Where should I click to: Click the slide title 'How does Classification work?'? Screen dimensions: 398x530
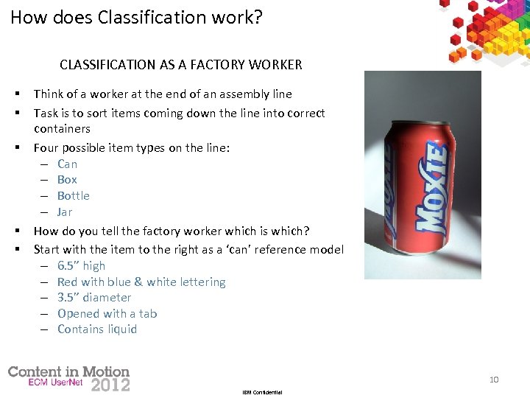coord(136,17)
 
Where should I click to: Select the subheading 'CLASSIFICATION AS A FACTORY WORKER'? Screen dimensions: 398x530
coord(181,65)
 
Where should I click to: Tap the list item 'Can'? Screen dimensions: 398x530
coord(67,164)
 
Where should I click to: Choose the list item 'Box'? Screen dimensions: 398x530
coord(67,179)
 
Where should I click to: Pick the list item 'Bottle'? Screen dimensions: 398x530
coord(74,195)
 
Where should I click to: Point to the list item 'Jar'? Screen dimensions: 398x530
coord(65,212)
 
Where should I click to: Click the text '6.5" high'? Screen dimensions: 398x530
coord(81,265)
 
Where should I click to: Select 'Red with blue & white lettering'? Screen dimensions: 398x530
coord(141,282)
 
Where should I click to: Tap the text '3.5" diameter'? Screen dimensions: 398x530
coord(94,297)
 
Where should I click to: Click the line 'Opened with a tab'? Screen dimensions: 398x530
coord(107,313)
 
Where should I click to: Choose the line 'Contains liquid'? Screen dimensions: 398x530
coord(97,329)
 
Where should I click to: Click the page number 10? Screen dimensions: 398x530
coord(494,380)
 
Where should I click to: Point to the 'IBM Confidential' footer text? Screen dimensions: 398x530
coord(262,392)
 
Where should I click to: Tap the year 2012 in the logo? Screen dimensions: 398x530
coord(110,384)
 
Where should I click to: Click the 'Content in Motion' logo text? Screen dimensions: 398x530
coord(68,371)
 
